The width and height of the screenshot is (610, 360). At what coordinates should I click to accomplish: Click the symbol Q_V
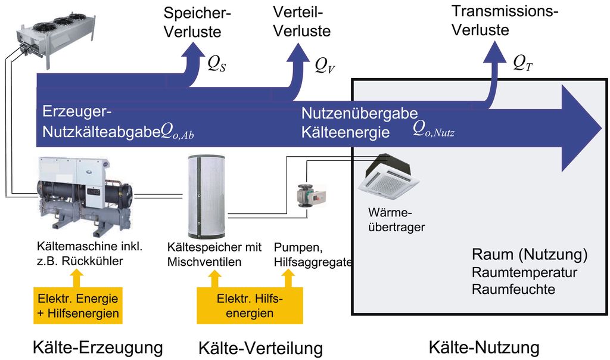click(x=325, y=65)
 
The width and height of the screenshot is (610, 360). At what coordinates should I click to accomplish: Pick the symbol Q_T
click(x=522, y=63)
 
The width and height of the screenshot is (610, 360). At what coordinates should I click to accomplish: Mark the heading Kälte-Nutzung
click(x=483, y=347)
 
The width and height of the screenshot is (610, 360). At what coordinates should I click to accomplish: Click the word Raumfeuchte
click(x=513, y=290)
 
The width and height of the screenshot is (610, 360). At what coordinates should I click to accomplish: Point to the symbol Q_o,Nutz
click(x=434, y=131)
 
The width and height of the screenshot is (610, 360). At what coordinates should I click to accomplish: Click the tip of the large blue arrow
click(x=600, y=128)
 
